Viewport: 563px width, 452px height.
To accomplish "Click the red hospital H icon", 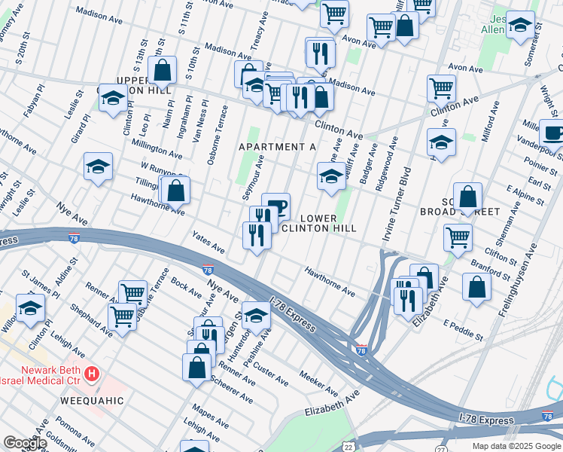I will [x=91, y=373].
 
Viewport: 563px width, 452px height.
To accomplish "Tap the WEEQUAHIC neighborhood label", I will [x=92, y=401].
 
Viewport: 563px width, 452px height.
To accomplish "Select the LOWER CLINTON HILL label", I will [x=318, y=223].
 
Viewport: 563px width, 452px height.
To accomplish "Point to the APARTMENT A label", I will [x=277, y=147].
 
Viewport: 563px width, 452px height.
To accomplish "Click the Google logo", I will [x=24, y=443].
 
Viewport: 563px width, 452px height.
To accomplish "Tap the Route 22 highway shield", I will [x=348, y=447].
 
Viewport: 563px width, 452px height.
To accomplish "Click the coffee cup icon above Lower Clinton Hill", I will [x=275, y=206].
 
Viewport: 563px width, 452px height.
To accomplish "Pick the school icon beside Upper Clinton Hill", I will [x=114, y=98].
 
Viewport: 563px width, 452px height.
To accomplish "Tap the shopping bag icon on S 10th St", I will [x=163, y=71].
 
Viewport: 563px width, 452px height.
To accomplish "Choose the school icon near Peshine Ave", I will [x=256, y=315].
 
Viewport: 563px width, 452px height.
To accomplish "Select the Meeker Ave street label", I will [x=319, y=382].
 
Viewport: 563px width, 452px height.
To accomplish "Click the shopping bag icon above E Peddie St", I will [x=476, y=287].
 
